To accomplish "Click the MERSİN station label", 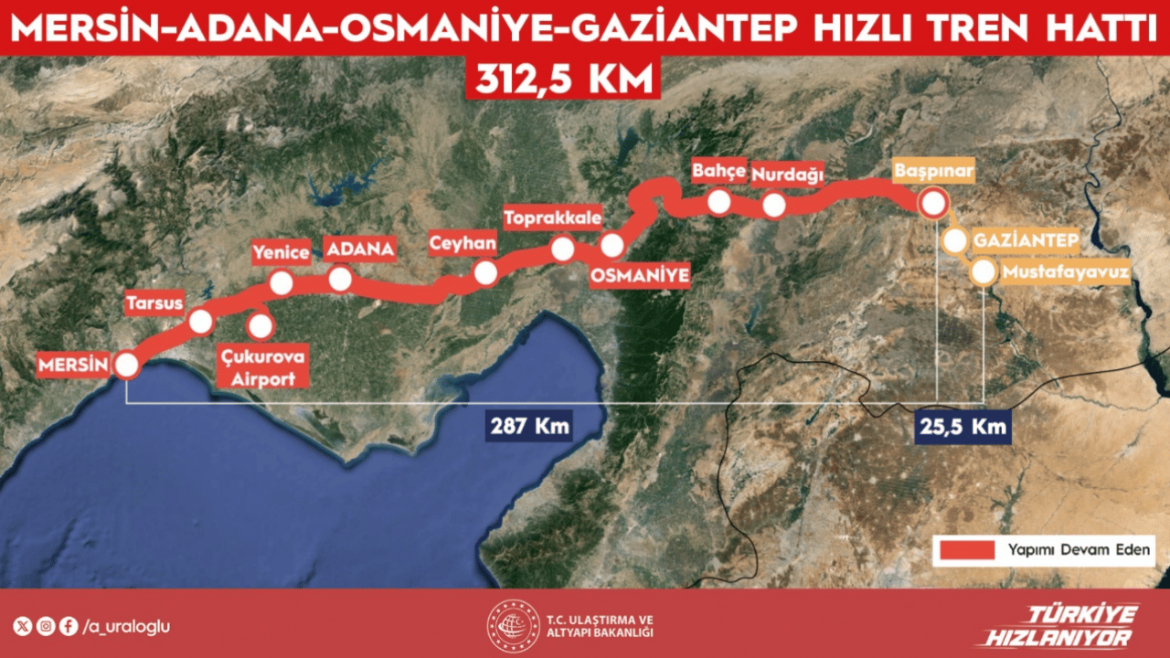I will coord(73,366).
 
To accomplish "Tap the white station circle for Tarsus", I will coord(201,321).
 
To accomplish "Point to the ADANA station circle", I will coord(340,279).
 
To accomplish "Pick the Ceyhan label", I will coord(463,242).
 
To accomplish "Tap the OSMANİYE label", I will coord(640,274).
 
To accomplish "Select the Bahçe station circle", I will coord(719,202).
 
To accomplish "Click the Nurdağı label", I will coord(787,173).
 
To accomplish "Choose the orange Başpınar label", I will coord(933,171).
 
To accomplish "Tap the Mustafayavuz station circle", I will coord(984,272).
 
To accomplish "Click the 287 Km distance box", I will coord(530,427).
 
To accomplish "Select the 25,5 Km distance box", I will coord(963,427).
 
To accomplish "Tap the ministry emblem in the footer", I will coord(513,626).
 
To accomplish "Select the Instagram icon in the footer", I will coord(46,627).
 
